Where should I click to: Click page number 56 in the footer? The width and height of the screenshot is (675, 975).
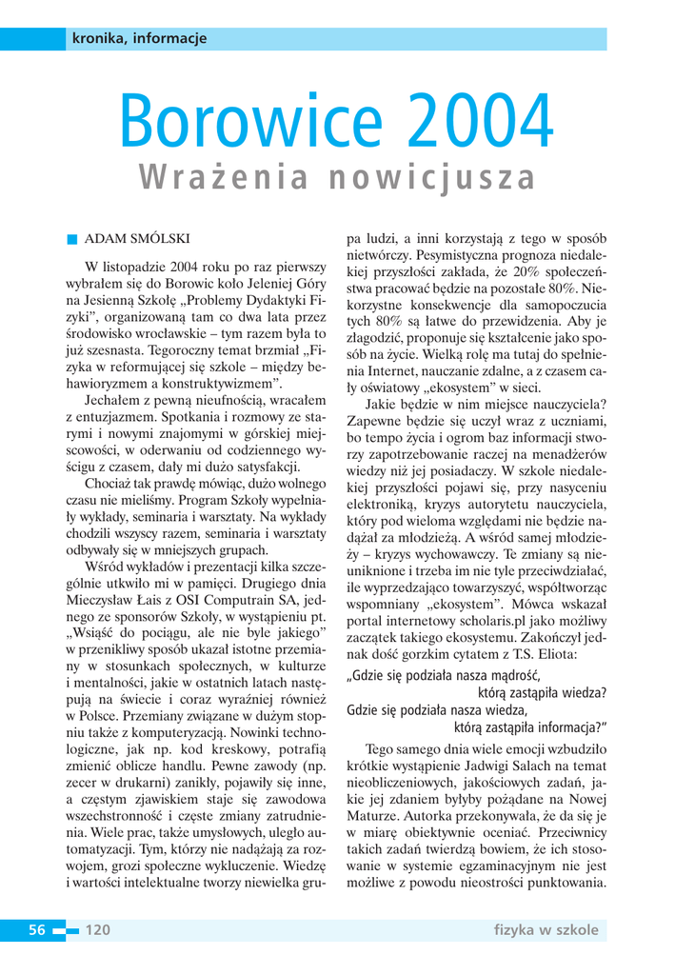(37, 929)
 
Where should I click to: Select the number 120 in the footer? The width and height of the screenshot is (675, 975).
(99, 929)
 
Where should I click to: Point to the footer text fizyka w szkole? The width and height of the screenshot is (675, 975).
(546, 929)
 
